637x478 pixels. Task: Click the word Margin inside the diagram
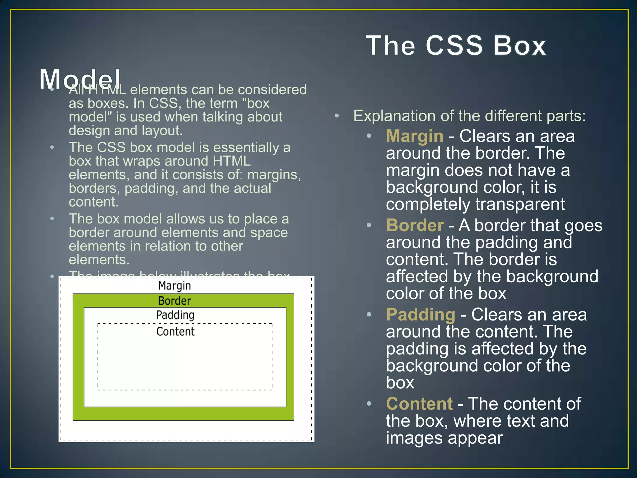point(174,286)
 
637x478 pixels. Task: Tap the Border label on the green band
point(174,301)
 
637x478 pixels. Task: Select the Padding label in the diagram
point(175,315)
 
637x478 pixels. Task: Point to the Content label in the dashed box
point(175,331)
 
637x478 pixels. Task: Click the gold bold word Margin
point(415,136)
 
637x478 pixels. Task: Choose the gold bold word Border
point(415,225)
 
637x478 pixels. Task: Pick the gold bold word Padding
point(421,314)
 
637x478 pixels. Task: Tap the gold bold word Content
point(419,404)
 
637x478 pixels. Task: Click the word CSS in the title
point(454,45)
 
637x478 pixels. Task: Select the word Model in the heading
point(80,79)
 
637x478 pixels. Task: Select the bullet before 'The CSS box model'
point(52,147)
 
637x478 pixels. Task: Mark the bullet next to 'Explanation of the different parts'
point(337,116)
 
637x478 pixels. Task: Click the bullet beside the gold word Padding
point(369,315)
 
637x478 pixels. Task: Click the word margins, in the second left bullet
point(274,175)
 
